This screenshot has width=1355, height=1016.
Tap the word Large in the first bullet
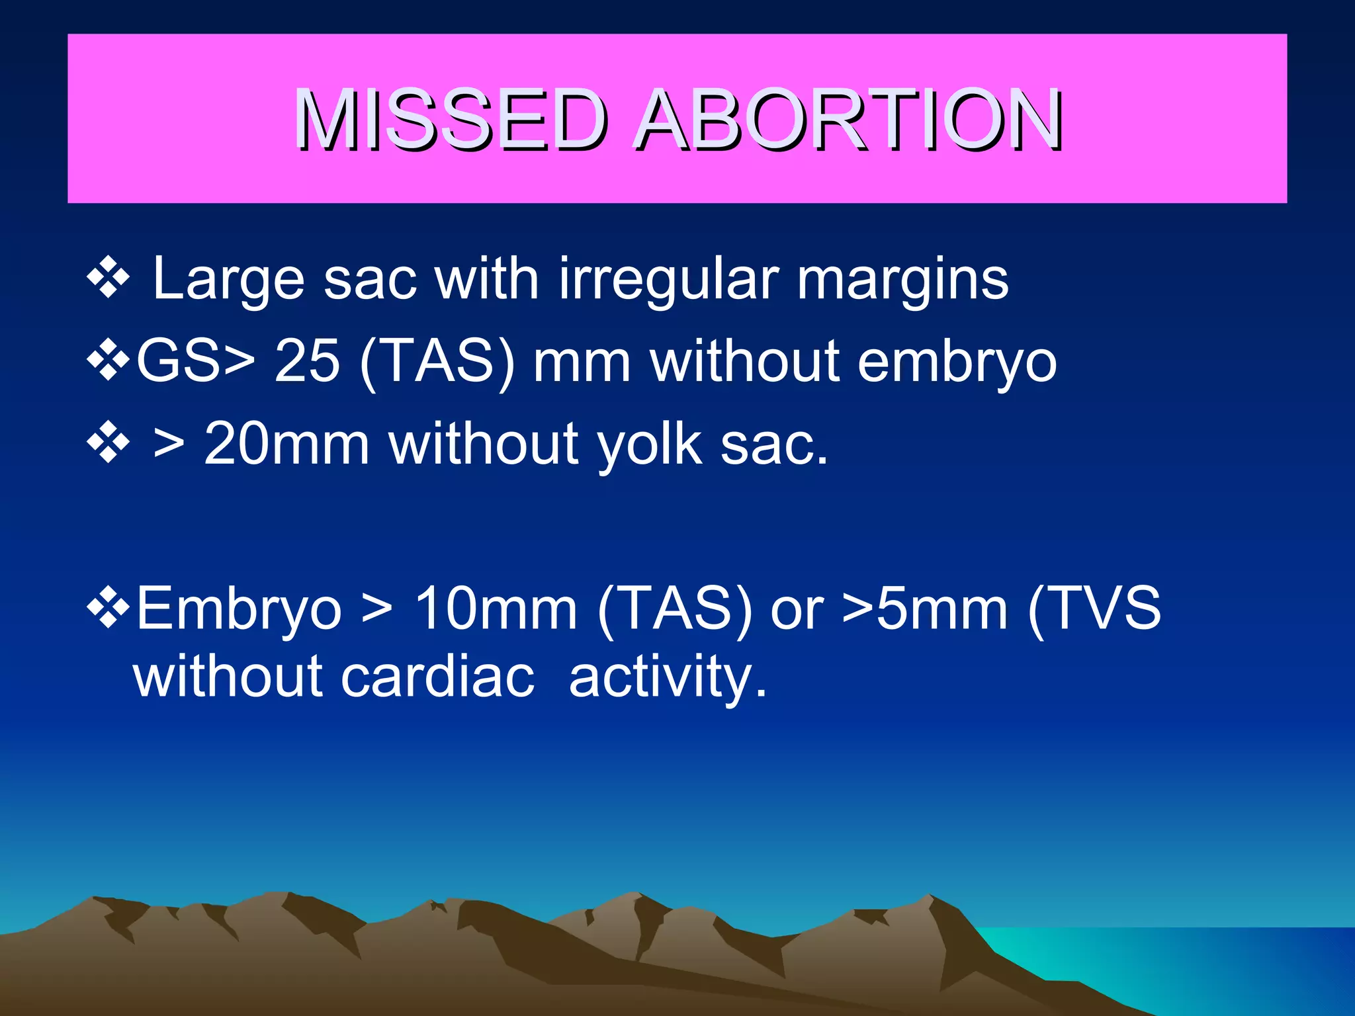click(x=228, y=280)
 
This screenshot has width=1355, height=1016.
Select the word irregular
click(x=668, y=280)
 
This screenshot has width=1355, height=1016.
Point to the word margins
click(x=902, y=280)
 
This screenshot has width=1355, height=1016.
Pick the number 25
click(x=307, y=361)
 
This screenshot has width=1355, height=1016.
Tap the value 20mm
click(x=286, y=444)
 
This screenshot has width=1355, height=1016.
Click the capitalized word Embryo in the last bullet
click(x=239, y=609)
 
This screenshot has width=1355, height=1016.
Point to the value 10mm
click(x=496, y=609)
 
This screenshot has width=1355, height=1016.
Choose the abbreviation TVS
click(x=1104, y=609)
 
